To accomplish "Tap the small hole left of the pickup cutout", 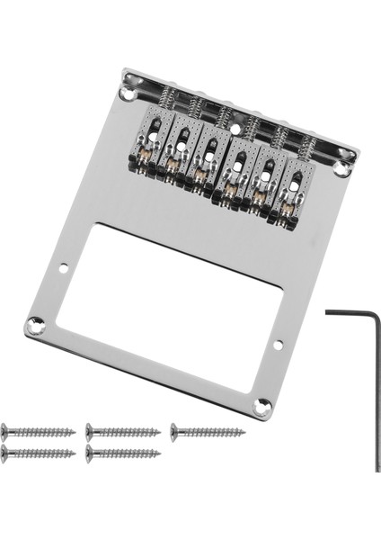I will click(x=66, y=266).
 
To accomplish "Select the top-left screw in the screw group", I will click(x=36, y=431).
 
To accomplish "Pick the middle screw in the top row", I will click(x=122, y=431).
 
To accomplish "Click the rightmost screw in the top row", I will click(x=208, y=431).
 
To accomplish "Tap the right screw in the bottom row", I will click(x=122, y=454).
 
